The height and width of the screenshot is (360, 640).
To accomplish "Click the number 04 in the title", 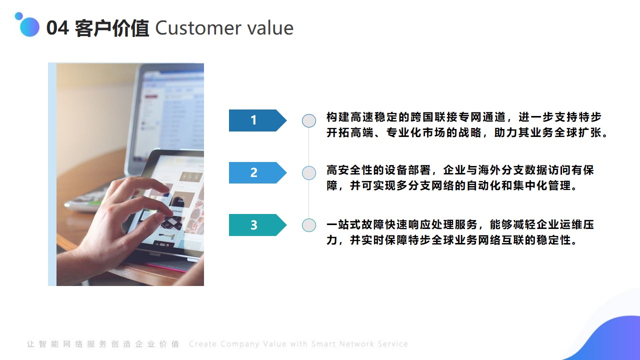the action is tap(57, 27).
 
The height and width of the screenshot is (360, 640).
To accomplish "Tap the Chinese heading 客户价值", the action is tap(112, 28).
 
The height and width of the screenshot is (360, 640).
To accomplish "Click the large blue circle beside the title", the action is tap(29, 27).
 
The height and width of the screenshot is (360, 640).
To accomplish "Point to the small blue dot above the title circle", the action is tap(18, 15).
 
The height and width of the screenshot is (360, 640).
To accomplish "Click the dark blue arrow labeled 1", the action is tap(257, 120).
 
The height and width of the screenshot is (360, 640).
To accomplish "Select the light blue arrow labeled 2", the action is tap(257, 172).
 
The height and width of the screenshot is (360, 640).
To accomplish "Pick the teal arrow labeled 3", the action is tap(257, 225).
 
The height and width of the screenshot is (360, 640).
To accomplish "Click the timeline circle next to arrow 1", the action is tap(309, 120).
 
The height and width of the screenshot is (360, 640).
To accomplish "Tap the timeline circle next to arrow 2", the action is tap(309, 173).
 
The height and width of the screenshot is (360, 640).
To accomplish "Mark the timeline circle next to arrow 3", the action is tap(309, 225).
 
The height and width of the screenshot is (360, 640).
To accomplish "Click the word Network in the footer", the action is tap(357, 343).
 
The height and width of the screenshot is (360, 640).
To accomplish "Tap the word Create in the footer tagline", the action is tap(203, 343).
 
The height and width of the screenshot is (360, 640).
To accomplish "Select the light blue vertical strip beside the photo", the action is tap(52, 174).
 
